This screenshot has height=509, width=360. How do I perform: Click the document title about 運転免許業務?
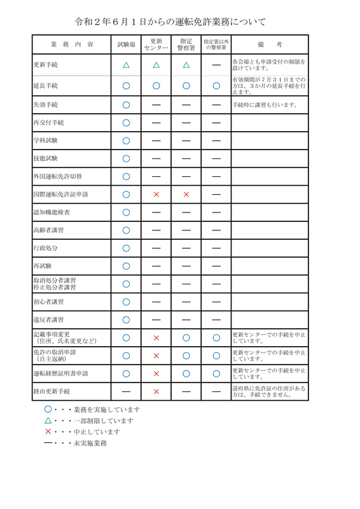(x=180, y=21)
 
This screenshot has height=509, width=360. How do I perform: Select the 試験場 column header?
(x=126, y=45)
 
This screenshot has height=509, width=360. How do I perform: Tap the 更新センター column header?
(x=156, y=45)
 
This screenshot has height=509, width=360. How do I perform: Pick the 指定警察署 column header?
(x=186, y=45)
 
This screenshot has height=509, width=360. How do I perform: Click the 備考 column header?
(x=270, y=45)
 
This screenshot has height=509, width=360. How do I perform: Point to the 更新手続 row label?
(x=45, y=65)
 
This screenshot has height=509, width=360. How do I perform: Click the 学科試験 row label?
(x=45, y=140)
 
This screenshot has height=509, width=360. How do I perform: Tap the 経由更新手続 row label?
(x=52, y=391)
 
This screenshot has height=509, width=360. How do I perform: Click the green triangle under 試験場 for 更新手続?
(x=126, y=65)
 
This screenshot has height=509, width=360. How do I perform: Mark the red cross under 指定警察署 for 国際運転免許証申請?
(x=186, y=194)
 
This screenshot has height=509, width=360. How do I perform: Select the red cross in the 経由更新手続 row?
(x=156, y=391)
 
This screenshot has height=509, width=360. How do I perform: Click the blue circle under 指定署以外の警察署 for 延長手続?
(x=216, y=85)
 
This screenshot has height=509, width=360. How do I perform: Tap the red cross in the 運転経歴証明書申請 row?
(x=156, y=373)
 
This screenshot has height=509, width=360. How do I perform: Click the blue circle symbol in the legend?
(x=48, y=410)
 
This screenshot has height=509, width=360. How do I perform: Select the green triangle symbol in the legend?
(x=48, y=421)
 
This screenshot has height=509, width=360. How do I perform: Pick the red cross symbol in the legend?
(x=48, y=431)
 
